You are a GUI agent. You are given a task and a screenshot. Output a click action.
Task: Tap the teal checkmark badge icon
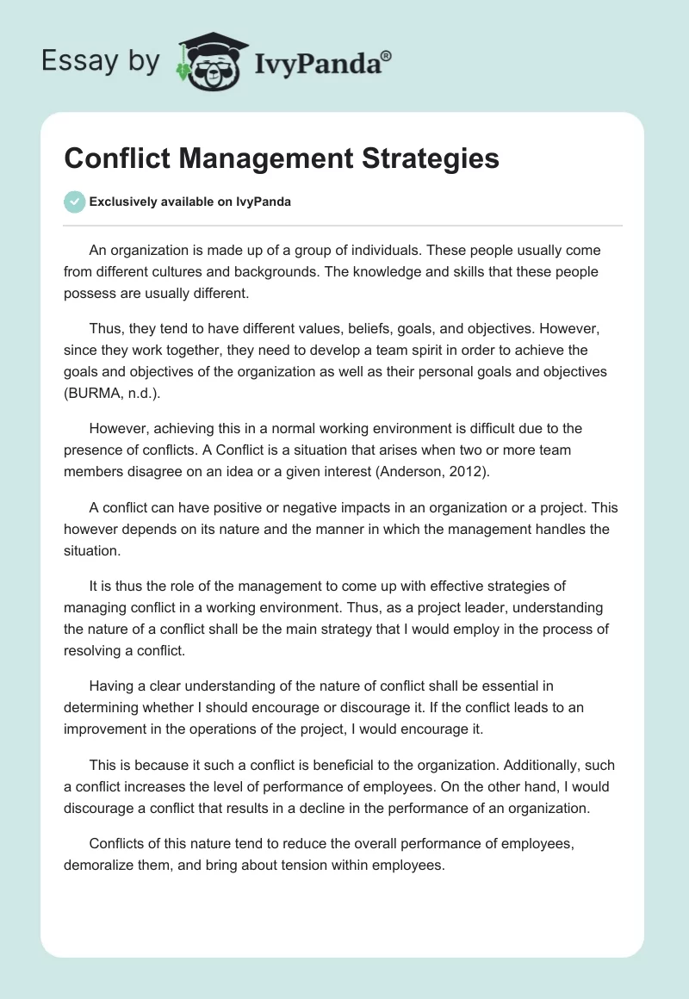(75, 202)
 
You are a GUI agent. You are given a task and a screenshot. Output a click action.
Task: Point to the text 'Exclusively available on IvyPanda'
(190, 202)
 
